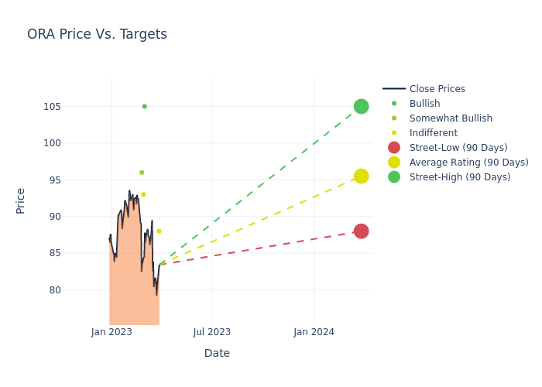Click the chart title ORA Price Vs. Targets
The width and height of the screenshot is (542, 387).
[97, 34]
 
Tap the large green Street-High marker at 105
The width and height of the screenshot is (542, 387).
[361, 106]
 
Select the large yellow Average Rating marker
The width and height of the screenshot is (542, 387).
[361, 176]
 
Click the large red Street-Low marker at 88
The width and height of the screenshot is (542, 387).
[361, 231]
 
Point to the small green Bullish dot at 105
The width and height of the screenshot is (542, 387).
[144, 106]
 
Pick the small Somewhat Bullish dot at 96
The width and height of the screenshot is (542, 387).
[142, 173]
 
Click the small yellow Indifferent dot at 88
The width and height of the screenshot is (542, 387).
[159, 231]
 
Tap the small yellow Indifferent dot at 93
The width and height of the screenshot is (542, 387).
[143, 194]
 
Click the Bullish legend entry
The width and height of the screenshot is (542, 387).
[424, 104]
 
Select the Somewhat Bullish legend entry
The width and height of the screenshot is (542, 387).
[451, 118]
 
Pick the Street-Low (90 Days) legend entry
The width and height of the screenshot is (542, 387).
[458, 148]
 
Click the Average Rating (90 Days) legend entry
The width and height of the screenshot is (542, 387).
[468, 163]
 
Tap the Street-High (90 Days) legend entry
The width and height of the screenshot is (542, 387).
[460, 177]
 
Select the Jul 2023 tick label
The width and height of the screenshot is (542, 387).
[212, 332]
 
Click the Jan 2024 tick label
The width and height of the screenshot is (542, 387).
[314, 332]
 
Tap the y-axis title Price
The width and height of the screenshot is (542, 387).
[21, 200]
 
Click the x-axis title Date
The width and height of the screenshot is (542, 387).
[217, 354]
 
